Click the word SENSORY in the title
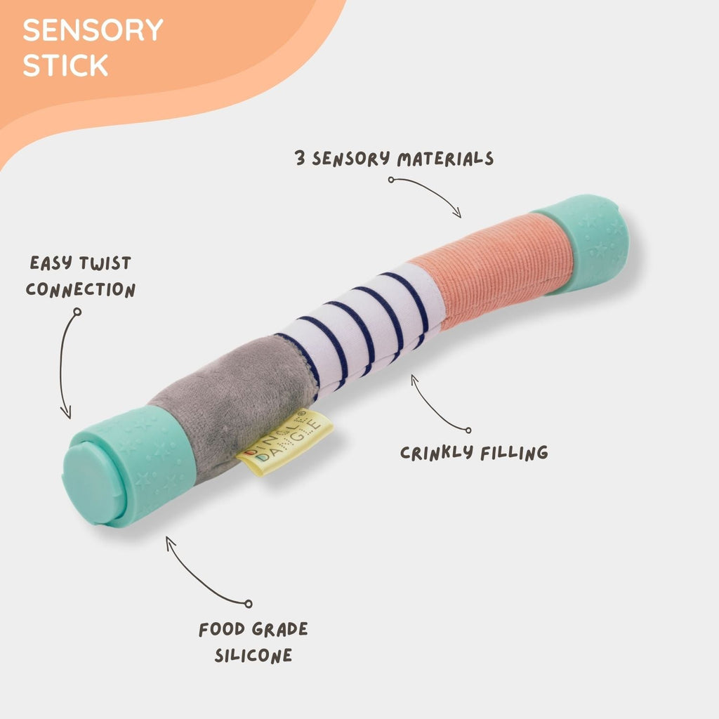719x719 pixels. [x=93, y=30]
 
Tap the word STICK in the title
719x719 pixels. [x=65, y=65]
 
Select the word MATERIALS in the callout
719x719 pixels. [x=446, y=159]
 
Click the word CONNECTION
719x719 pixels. [x=81, y=290]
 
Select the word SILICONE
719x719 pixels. [x=253, y=656]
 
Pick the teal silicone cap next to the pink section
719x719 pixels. [x=582, y=243]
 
